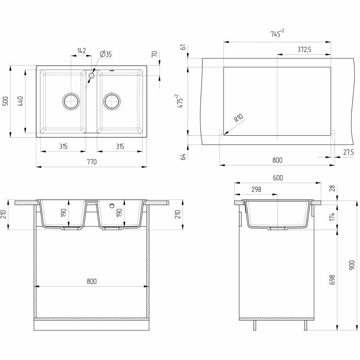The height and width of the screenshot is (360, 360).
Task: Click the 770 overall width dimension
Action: (91, 162)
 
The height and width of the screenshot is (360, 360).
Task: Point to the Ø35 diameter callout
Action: (106, 54)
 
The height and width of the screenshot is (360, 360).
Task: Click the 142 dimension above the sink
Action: (81, 51)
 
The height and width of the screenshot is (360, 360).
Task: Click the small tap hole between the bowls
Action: (92, 76)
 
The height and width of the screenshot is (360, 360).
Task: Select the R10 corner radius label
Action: (238, 119)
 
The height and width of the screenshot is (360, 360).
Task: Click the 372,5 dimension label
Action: (304, 49)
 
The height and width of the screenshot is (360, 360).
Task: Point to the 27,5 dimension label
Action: (348, 152)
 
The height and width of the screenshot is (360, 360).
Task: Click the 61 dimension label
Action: (183, 47)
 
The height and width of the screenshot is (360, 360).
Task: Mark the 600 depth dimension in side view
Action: (278, 178)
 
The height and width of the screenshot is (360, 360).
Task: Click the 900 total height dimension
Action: (352, 265)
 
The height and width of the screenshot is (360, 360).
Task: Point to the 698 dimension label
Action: (332, 280)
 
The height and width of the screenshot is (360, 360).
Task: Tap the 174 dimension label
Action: (332, 216)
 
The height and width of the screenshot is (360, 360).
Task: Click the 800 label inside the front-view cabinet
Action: (91, 281)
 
